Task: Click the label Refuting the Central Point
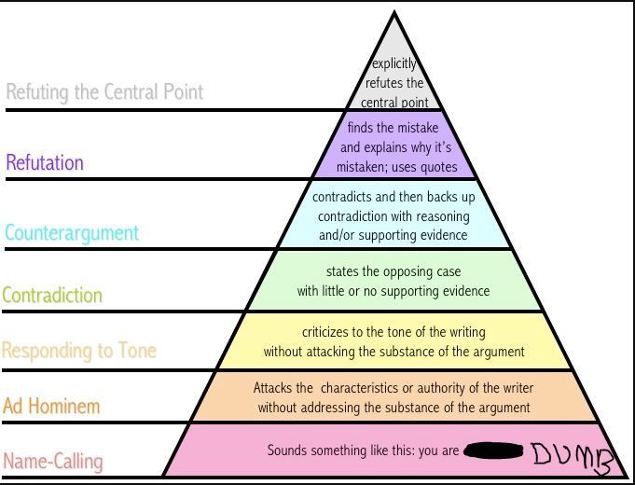click(104, 92)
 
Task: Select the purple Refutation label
click(45, 162)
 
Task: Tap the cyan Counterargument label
click(72, 232)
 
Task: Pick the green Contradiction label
click(52, 296)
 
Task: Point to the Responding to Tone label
click(79, 351)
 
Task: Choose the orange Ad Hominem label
click(51, 406)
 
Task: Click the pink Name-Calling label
click(53, 461)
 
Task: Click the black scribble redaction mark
click(491, 451)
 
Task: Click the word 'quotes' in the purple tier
click(437, 168)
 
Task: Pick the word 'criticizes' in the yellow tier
click(329, 331)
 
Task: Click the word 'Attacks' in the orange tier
click(272, 387)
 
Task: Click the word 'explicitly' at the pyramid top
click(393, 64)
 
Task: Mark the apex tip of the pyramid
click(393, 13)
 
